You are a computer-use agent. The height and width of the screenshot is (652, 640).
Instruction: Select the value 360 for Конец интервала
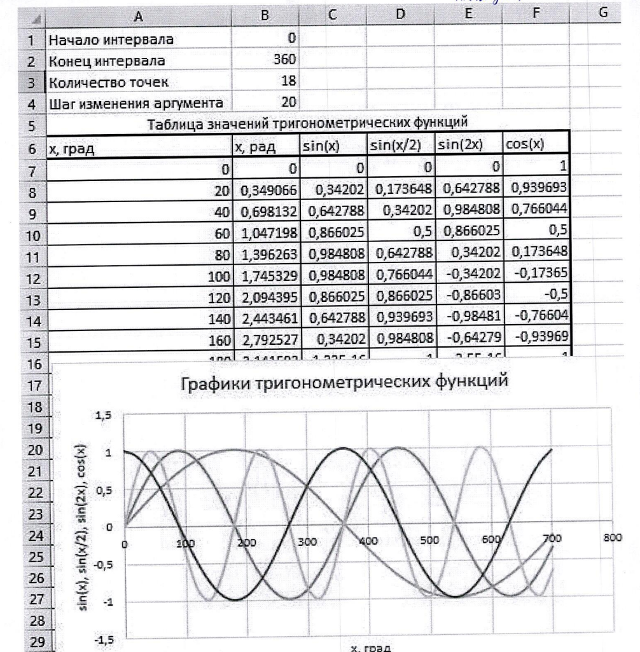284,61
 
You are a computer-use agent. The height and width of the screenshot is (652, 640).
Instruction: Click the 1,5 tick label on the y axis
102,416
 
